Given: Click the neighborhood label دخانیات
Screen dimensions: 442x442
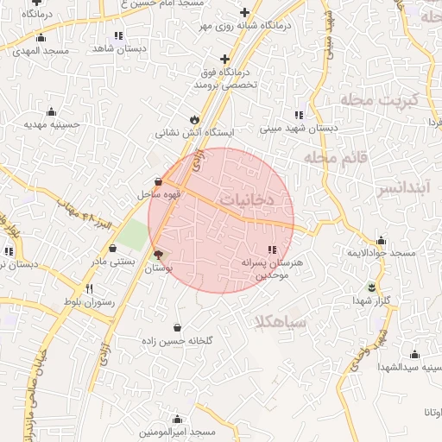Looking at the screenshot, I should pos(246,198).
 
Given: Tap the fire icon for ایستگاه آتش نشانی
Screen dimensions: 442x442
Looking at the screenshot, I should pos(193,120).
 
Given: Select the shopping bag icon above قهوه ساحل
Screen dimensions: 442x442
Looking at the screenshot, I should pos(158,181).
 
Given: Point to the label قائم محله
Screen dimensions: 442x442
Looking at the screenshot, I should pos(335,158).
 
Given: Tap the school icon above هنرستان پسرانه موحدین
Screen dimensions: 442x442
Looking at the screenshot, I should pos(273,249).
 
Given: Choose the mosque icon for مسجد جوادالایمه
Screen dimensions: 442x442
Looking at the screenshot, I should pos(381,240).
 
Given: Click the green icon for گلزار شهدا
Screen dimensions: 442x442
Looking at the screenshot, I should pos(372,287).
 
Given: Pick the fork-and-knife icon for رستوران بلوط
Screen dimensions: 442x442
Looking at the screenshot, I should pos(88,288).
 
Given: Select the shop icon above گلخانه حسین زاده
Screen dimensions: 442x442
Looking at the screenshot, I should pos(177,327).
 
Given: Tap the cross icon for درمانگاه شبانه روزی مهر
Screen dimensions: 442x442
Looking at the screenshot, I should pos(245,12).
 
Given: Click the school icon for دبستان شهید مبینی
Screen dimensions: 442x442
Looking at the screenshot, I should pos(299,115).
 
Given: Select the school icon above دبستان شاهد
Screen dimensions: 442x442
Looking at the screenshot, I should pos(118,35).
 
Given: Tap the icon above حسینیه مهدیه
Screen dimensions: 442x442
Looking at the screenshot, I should pos(51,110).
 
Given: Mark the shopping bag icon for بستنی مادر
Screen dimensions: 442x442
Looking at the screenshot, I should pos(112,248).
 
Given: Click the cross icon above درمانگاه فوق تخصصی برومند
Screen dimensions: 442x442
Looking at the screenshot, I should pos(224,59).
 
